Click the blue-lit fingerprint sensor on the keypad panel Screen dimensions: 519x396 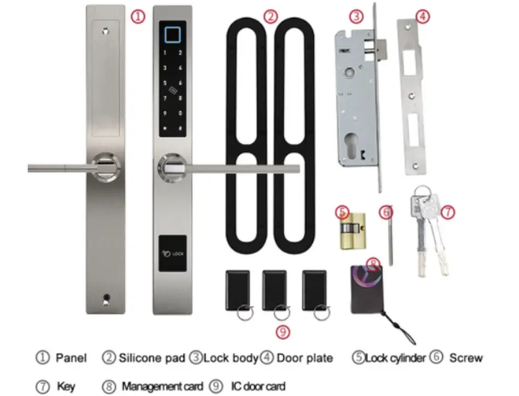tap(173, 34)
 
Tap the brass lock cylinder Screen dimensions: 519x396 tap(353, 231)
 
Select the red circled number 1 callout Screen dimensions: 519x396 tap(138, 16)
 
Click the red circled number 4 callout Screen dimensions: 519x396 tap(422, 16)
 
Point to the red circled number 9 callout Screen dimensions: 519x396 tap(283, 332)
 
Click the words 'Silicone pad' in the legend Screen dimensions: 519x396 tap(152, 358)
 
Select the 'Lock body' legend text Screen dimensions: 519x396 tap(230, 358)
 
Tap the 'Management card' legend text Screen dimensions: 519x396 tap(162, 386)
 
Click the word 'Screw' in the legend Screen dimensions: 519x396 tap(465, 358)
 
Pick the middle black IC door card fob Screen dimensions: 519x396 tap(274, 291)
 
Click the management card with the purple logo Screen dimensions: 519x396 tap(366, 290)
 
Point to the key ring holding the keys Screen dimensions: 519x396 tap(422, 192)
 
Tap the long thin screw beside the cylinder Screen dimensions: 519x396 tap(391, 236)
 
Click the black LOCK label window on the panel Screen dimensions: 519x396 tap(173, 253)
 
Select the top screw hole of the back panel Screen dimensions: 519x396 tap(105, 32)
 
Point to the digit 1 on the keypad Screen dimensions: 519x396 tap(165, 52)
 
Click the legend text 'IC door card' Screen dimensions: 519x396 tap(258, 386)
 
